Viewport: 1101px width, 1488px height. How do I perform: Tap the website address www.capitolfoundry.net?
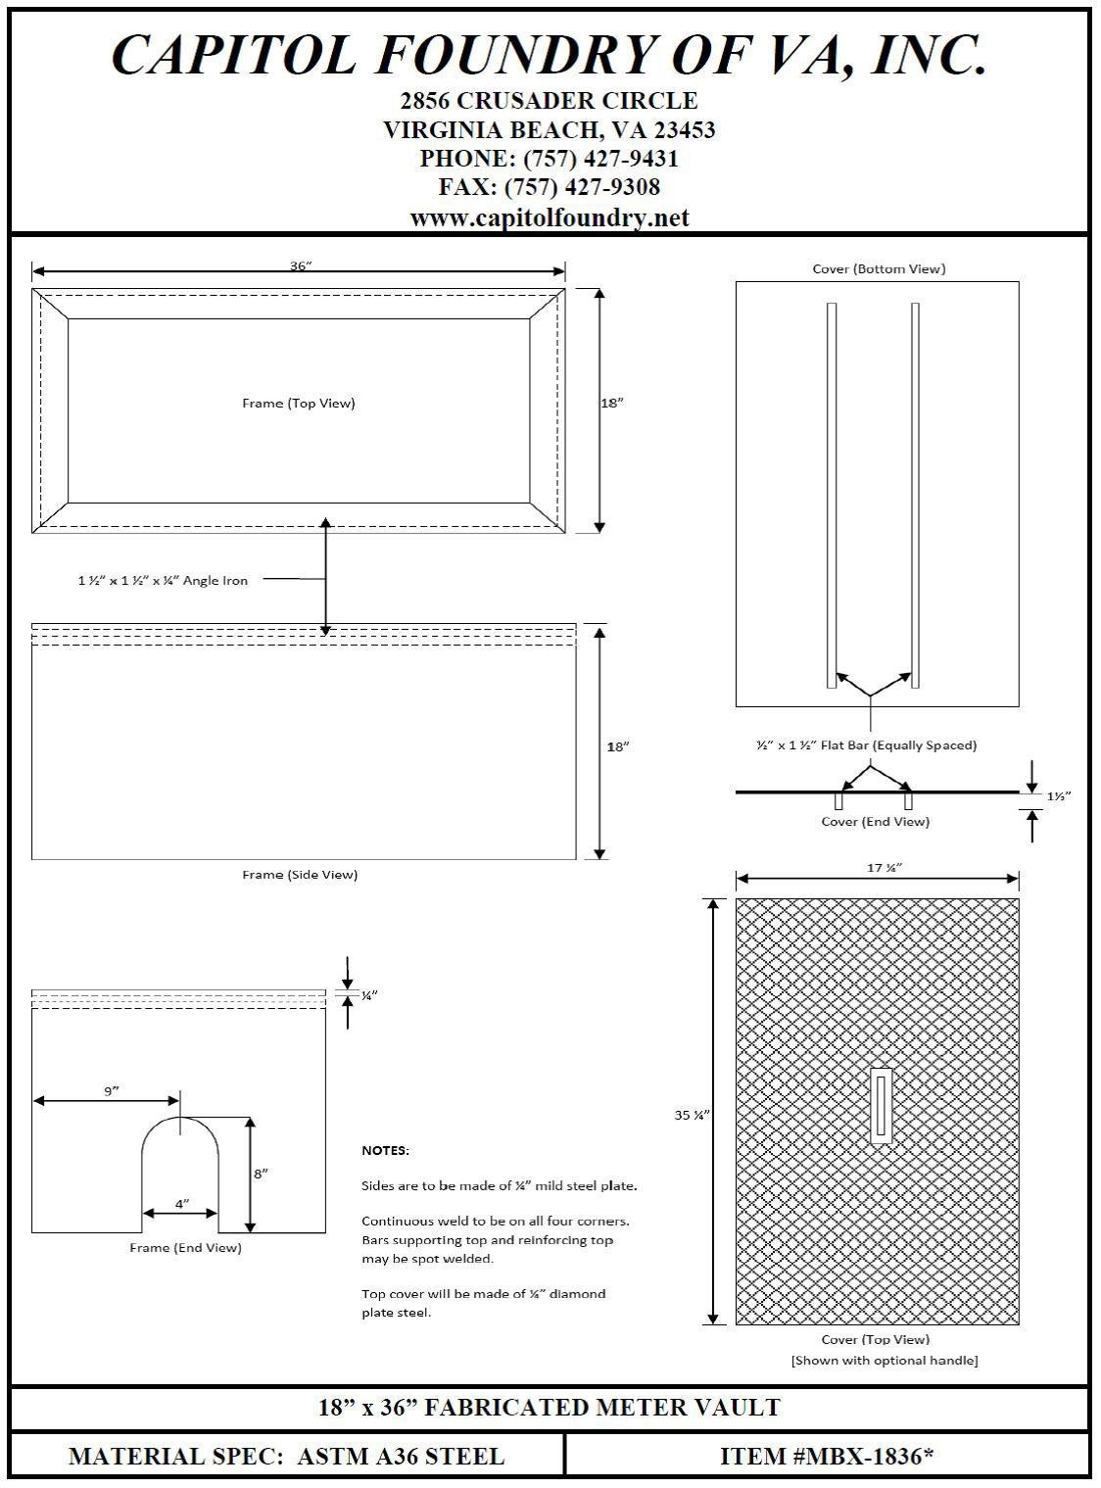coord(549,217)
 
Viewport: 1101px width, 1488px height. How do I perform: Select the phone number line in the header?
coord(549,159)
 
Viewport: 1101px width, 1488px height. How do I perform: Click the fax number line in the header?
coord(549,187)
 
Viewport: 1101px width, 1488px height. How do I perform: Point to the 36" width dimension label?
coord(300,265)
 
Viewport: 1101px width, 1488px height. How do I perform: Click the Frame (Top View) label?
coord(298,403)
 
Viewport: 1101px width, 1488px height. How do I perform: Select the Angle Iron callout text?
coord(163,581)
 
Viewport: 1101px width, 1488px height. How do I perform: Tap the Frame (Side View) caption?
coord(300,875)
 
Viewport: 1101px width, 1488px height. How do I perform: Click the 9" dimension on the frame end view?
coord(111,1090)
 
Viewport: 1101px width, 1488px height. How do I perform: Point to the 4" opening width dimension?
coord(182,1204)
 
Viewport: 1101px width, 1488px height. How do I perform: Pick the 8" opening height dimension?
coord(261,1174)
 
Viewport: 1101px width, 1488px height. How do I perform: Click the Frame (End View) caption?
coord(185,1248)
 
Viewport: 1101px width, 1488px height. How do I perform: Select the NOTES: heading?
coord(385,1150)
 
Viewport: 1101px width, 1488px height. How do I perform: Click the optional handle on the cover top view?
coord(881,1104)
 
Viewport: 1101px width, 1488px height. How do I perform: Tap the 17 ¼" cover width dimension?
coord(883,868)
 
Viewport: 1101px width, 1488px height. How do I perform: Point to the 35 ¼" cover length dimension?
coord(692,1115)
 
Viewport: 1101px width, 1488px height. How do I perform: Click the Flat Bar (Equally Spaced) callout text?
coord(866,745)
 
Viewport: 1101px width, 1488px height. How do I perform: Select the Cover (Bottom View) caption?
coord(879,268)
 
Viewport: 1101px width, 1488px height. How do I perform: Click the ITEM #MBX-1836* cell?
coord(826,1457)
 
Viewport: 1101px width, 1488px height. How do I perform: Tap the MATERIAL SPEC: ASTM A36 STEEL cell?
coord(286,1457)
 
